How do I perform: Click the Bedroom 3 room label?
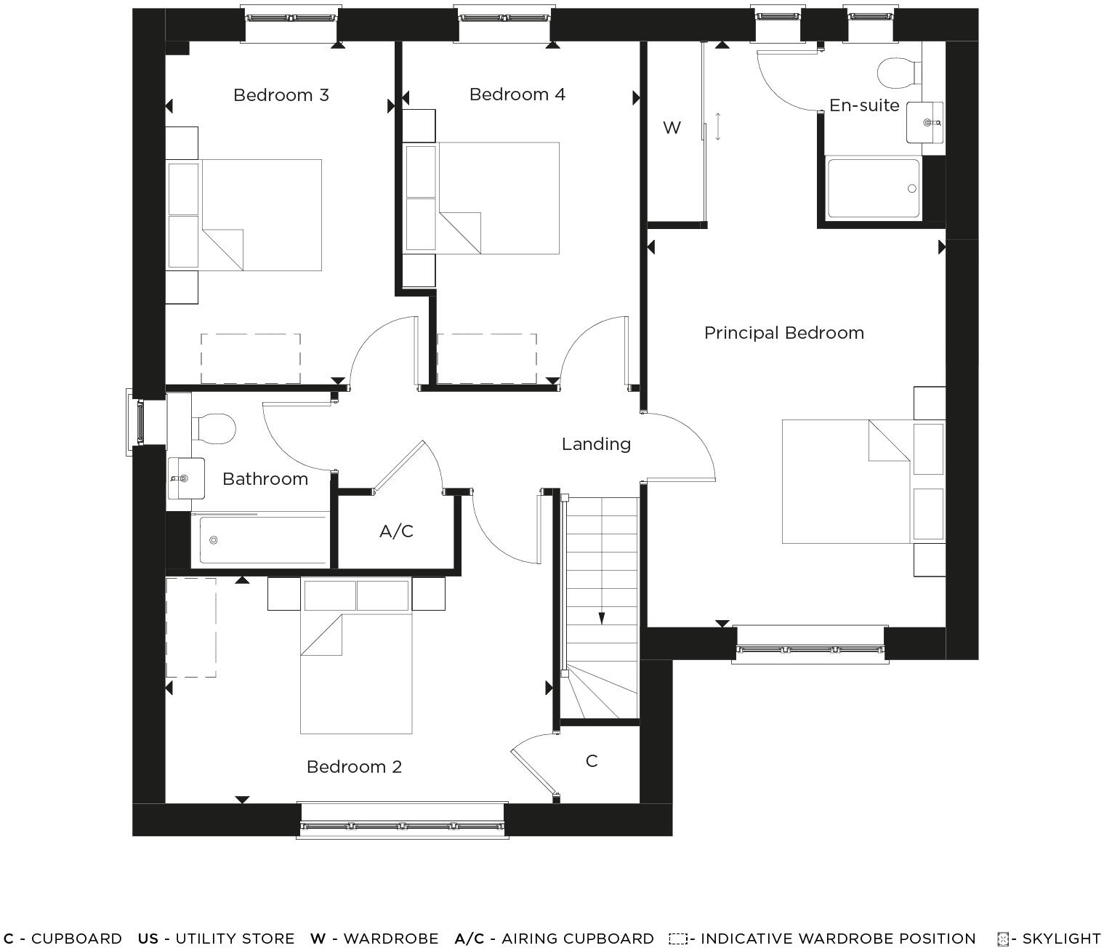pos(281,95)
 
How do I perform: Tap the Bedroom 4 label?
pos(517,95)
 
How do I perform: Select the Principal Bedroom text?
pos(783,333)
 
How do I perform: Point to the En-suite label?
pos(863,105)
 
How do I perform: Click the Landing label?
pos(595,443)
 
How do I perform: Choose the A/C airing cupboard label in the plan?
pos(396,531)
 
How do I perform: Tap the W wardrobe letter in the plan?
pos(672,128)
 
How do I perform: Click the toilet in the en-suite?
pos(898,73)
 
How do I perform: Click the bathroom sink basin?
pos(185,478)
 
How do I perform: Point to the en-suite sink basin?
pos(924,122)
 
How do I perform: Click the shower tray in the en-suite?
pos(874,188)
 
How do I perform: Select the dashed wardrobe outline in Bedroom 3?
pos(251,358)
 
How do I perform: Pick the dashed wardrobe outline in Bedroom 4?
pos(486,358)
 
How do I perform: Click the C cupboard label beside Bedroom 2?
pos(592,761)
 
